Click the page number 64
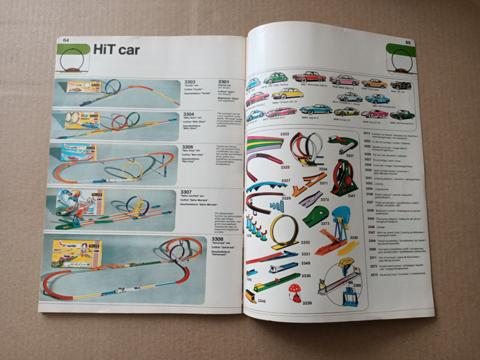[65, 40]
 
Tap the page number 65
[407, 43]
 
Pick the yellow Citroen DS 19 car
[287, 94]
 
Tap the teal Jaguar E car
[316, 109]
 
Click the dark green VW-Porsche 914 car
[402, 114]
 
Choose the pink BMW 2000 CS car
[344, 79]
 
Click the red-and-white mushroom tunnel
[295, 292]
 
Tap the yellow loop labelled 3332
[284, 230]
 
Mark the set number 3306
[188, 147]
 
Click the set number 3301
[223, 82]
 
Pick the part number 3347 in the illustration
[352, 196]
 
